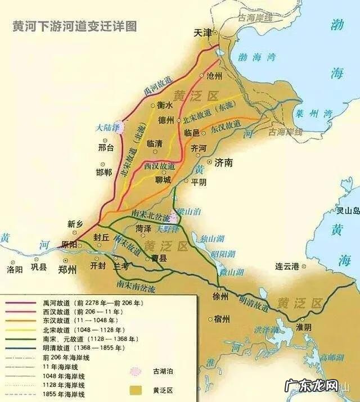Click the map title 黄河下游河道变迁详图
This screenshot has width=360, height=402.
(74, 27)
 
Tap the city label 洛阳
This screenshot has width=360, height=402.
(15, 269)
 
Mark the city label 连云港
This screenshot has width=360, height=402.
(286, 266)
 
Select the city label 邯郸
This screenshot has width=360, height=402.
(104, 172)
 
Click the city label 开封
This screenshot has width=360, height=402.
(98, 265)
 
